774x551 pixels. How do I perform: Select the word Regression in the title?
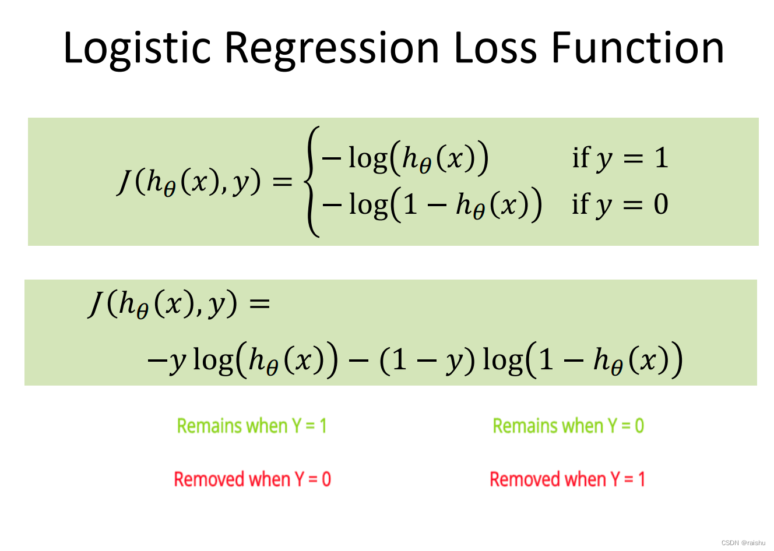[x=332, y=48]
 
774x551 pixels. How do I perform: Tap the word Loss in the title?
[x=495, y=47]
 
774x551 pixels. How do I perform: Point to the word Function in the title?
[x=638, y=47]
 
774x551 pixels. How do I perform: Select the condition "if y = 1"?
[x=620, y=158]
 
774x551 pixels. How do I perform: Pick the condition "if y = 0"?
[x=620, y=204]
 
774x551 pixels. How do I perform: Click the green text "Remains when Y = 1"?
[x=252, y=426]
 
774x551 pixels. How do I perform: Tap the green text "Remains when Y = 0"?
[x=568, y=426]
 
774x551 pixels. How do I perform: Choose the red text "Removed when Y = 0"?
[x=252, y=479]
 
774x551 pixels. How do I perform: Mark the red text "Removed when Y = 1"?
[x=567, y=479]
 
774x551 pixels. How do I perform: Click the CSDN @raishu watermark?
[x=743, y=542]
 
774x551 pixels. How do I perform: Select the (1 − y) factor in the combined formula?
[x=427, y=360]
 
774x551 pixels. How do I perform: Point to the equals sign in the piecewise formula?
[x=283, y=182]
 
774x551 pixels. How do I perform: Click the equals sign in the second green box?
[x=259, y=303]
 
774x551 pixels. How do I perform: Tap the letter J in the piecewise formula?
[x=125, y=182]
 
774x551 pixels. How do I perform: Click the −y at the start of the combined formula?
[x=166, y=361]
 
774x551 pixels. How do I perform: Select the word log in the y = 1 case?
[x=368, y=158]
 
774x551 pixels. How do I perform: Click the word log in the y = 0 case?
[x=368, y=204]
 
